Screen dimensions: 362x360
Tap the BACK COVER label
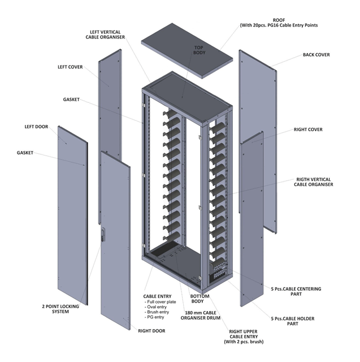click(316, 55)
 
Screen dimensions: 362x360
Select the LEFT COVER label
click(70, 67)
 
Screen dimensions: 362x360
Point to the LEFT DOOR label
click(36, 127)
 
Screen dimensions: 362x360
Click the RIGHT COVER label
click(308, 130)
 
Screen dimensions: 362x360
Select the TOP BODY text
click(199, 50)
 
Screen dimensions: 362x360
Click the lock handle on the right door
click(102, 235)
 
